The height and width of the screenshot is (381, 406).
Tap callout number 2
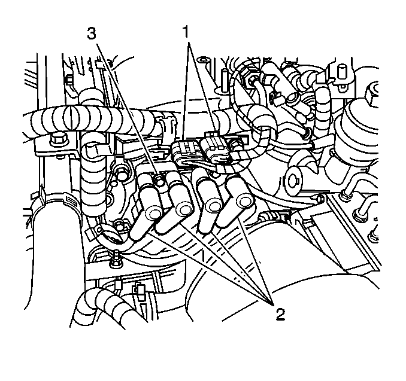(280, 314)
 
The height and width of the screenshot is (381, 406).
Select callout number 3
(92, 33)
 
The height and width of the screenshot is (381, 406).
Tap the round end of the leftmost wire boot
(153, 212)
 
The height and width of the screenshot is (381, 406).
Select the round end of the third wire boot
(214, 205)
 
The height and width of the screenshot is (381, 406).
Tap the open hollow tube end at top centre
(205, 61)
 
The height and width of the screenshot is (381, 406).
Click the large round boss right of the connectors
(293, 181)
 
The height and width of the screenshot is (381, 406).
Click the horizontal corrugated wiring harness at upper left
(93, 118)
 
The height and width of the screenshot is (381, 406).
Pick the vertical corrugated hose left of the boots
(94, 181)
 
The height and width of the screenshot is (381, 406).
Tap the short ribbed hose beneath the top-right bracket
(322, 103)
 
